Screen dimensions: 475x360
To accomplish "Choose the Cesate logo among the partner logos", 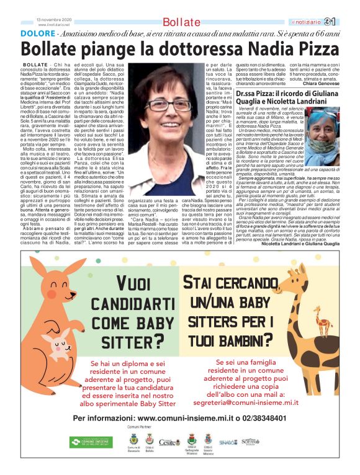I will click(169, 442).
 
